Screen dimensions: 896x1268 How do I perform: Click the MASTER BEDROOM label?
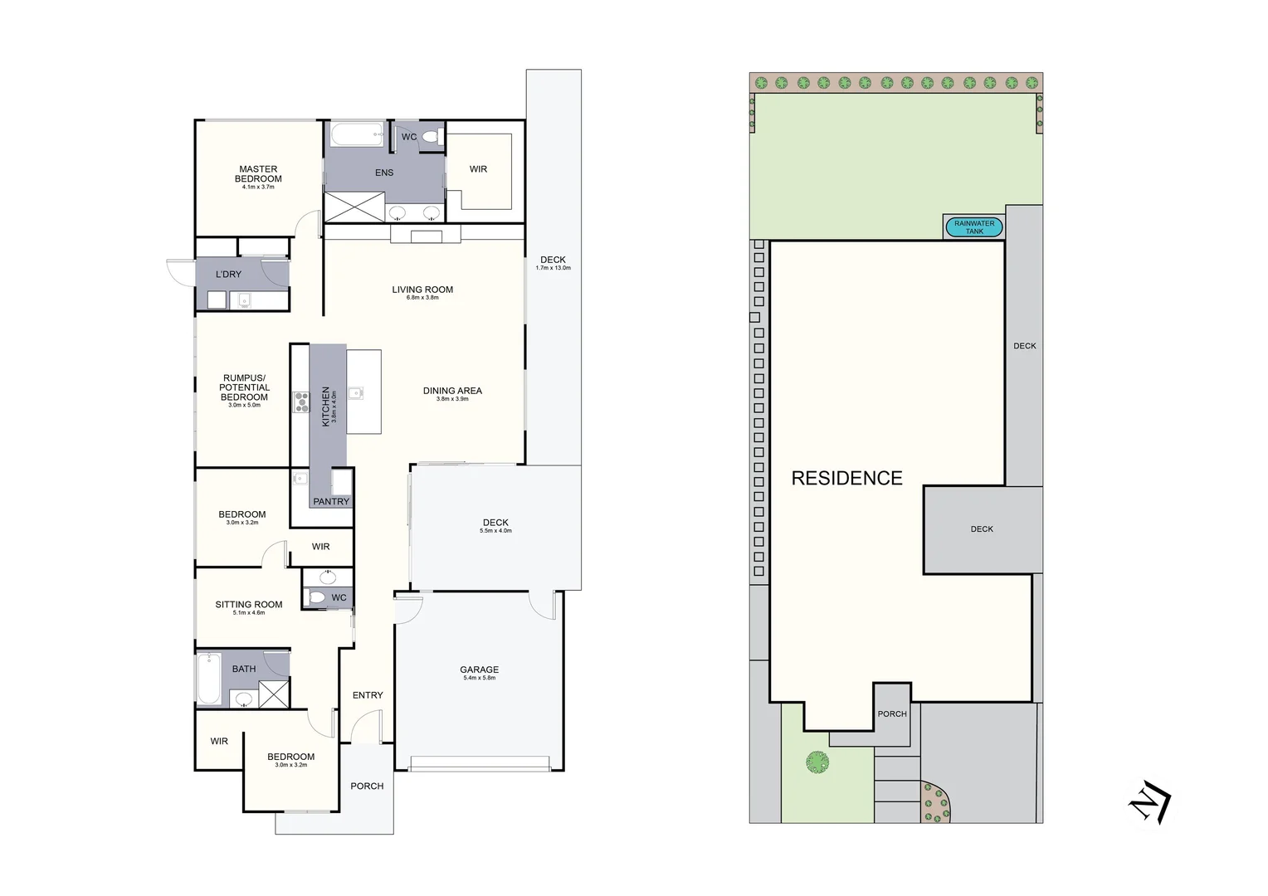point(258,174)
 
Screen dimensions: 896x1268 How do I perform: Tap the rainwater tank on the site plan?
point(974,227)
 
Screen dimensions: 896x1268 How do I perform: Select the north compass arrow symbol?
point(1149,802)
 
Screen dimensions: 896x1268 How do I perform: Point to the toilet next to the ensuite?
point(429,137)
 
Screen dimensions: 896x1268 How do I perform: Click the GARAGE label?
point(480,670)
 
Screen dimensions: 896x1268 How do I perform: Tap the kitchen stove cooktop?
point(300,402)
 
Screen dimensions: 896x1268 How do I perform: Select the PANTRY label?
point(331,502)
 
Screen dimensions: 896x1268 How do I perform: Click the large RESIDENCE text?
point(846,479)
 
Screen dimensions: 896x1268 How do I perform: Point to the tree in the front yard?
point(817,762)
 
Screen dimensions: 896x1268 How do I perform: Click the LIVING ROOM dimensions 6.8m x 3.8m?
point(422,298)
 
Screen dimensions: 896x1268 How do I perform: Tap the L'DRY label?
point(228,275)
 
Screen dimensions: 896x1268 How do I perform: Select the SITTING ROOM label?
point(249,605)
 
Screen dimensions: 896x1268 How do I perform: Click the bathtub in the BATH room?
point(207,679)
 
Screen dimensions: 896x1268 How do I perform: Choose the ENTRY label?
point(368,695)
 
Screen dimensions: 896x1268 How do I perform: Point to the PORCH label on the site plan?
point(892,714)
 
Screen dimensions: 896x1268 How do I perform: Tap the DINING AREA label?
point(452,391)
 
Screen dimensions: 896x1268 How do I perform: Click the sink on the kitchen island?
point(355,393)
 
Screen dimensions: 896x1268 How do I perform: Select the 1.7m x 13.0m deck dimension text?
point(553,268)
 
